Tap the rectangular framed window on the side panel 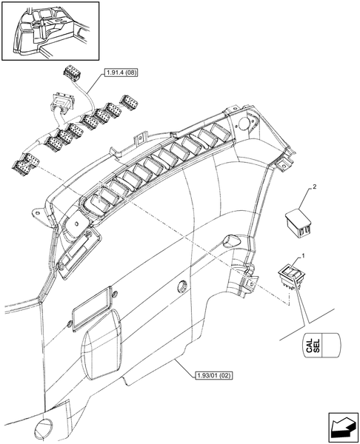point(90,309)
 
